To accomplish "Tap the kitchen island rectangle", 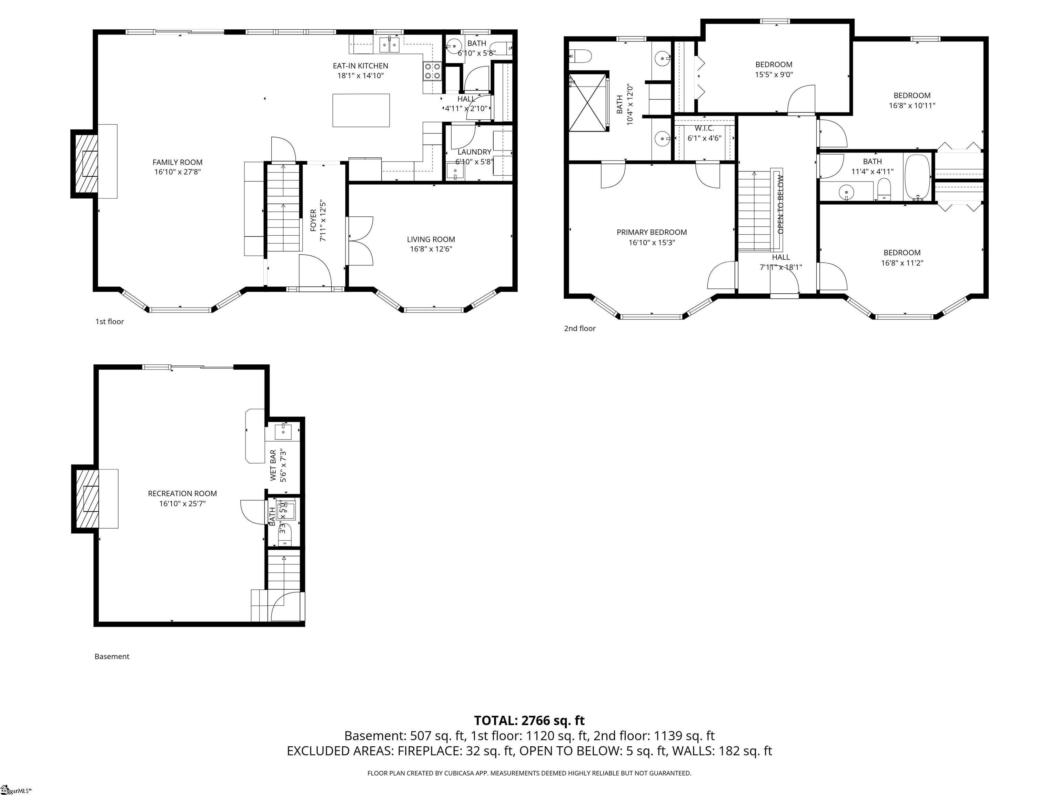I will [361, 110].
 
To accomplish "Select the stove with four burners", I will [432, 71].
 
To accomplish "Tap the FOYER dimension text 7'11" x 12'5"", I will [323, 220].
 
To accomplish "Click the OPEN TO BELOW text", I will [780, 205].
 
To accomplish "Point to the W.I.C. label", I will [704, 128].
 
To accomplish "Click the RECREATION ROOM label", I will [182, 493].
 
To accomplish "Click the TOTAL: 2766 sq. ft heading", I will [529, 720].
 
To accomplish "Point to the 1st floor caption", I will [110, 322].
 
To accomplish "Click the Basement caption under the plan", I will [112, 657].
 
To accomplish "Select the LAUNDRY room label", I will [474, 152].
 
